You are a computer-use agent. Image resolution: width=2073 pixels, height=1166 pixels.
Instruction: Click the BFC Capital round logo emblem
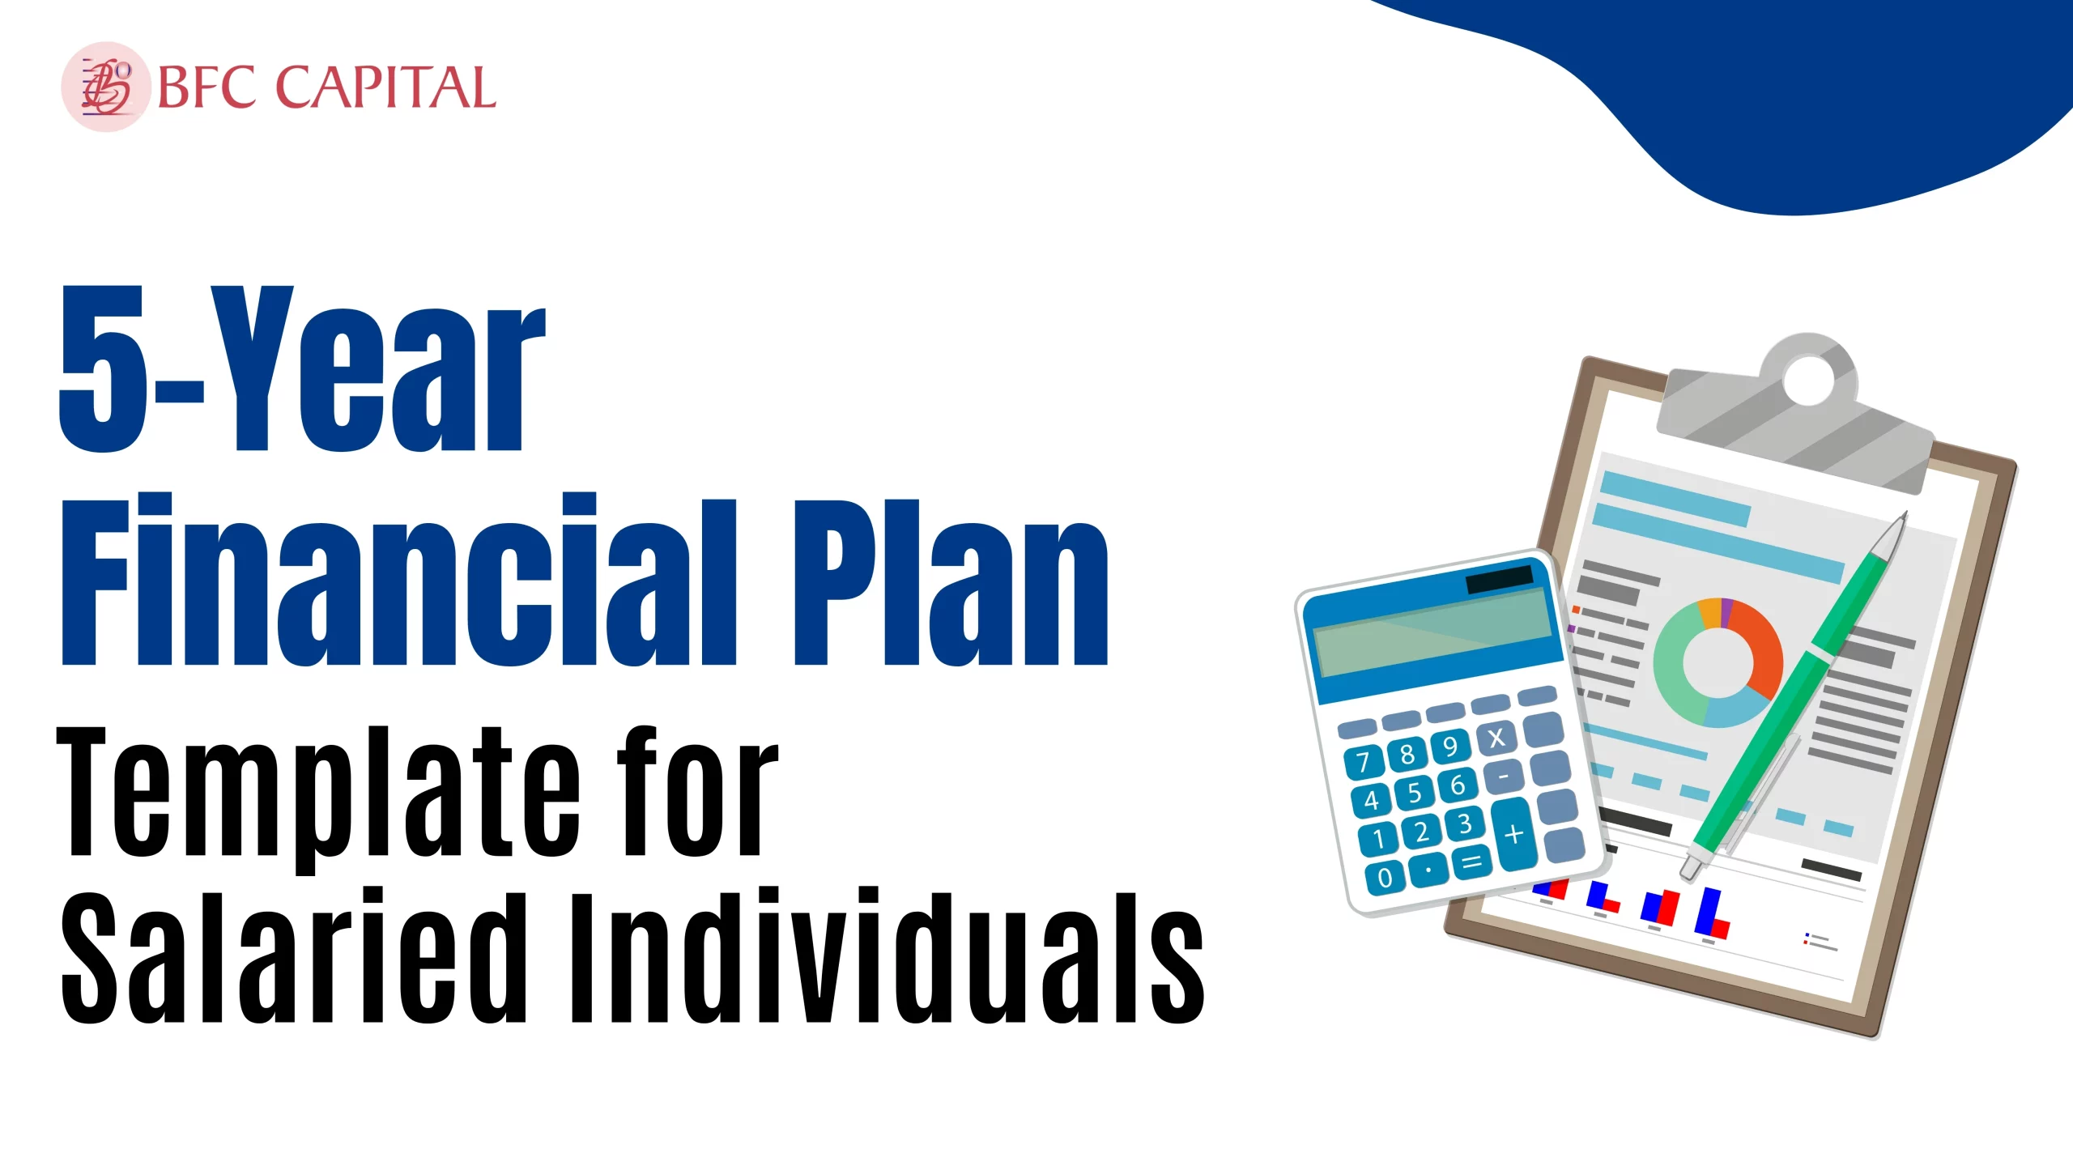[106, 87]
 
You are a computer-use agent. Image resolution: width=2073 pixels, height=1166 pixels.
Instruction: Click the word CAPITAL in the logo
[385, 87]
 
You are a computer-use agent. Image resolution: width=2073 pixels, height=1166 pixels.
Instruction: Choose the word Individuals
[888, 955]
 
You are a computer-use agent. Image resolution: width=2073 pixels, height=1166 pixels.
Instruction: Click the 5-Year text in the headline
[303, 368]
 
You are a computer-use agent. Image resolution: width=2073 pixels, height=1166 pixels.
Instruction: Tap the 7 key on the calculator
[1364, 762]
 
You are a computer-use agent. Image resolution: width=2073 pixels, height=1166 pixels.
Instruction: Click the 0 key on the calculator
[1386, 877]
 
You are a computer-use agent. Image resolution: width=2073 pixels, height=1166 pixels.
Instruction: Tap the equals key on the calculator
[1472, 862]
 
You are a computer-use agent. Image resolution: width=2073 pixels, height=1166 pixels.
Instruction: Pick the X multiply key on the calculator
[1496, 737]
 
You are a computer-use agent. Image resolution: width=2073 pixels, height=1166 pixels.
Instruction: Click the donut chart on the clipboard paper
[1718, 662]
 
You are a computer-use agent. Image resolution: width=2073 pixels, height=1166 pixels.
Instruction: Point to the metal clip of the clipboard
[1794, 413]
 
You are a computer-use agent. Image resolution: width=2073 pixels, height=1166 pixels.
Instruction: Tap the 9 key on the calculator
[1450, 746]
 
